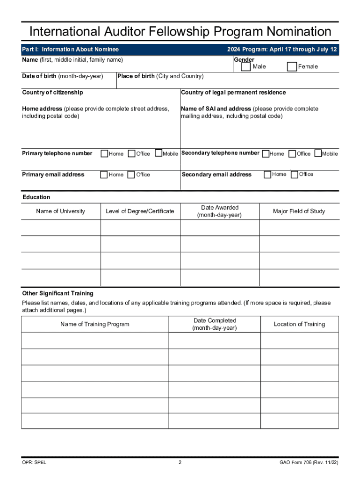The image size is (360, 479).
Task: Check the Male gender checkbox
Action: (x=245, y=67)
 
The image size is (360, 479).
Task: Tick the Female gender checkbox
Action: (x=292, y=67)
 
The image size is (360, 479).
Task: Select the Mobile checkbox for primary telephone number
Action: (x=158, y=153)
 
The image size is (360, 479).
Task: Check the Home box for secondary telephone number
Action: (x=266, y=153)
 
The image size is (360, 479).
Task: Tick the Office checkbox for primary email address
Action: (x=131, y=175)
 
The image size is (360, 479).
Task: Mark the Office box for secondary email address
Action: (x=295, y=174)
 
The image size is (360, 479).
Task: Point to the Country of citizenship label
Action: (x=52, y=93)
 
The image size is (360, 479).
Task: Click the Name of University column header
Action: (x=61, y=211)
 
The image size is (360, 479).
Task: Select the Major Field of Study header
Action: (x=299, y=211)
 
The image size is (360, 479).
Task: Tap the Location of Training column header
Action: (x=299, y=324)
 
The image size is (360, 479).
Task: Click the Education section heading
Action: (x=36, y=197)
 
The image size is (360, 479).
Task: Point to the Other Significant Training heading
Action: (x=58, y=293)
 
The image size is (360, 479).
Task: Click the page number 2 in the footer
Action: (x=180, y=463)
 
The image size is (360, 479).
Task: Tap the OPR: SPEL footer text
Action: (x=34, y=463)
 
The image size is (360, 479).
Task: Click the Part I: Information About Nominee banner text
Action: (x=71, y=50)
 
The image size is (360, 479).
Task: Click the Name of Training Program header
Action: (x=95, y=324)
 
